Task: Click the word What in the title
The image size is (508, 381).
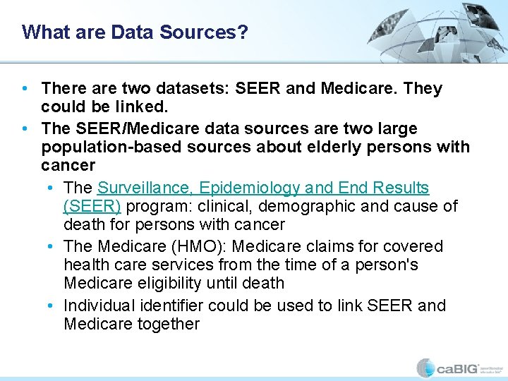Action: tap(40, 32)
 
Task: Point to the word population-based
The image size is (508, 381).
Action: tap(103, 147)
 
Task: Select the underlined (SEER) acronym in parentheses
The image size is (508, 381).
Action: tap(92, 206)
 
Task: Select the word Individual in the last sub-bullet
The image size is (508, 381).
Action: tap(98, 306)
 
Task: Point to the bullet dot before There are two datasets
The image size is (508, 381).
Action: tap(25, 90)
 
